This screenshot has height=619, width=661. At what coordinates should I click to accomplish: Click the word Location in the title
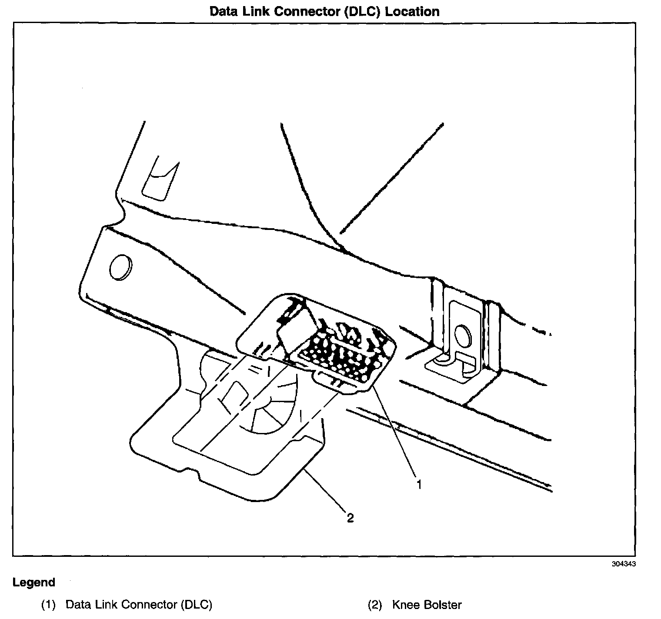(412, 11)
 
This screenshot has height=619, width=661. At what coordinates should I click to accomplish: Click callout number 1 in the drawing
(420, 484)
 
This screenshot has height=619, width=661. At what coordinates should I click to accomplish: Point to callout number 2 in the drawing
(350, 518)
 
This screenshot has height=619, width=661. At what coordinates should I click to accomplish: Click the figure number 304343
(624, 564)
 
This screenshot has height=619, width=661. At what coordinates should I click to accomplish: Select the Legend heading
(34, 582)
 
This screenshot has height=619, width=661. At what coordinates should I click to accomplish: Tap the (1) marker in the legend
(48, 605)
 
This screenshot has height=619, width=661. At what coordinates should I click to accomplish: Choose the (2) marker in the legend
(374, 605)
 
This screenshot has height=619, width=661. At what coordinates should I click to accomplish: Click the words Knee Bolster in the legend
(427, 605)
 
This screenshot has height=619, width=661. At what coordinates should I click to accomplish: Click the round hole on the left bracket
(120, 268)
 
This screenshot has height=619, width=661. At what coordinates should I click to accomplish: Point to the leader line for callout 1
(396, 435)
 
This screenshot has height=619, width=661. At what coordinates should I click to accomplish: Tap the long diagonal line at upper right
(391, 178)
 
